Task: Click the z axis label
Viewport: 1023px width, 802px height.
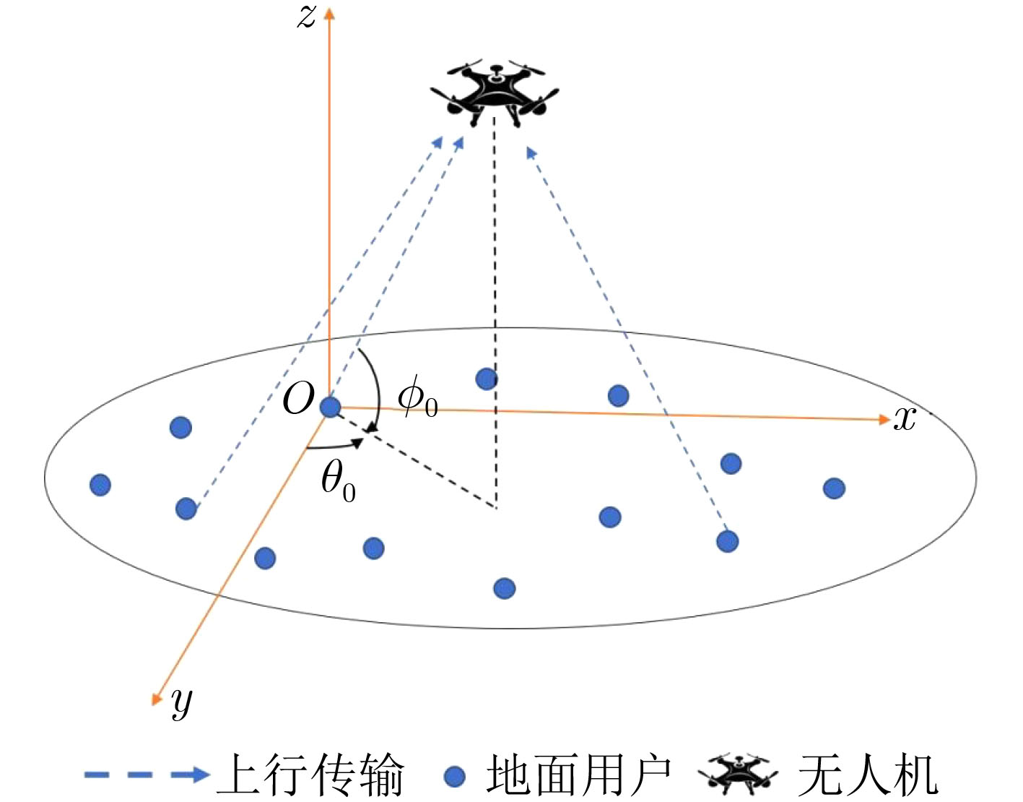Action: point(306,17)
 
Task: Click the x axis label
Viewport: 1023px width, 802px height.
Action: point(905,418)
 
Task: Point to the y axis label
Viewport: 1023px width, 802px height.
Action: point(182,702)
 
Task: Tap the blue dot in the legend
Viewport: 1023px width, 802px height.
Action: point(455,776)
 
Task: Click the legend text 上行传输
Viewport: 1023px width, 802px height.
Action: point(310,775)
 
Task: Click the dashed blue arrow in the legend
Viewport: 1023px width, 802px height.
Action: point(147,775)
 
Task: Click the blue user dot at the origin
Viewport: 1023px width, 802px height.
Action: point(330,407)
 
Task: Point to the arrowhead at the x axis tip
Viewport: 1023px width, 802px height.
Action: point(884,419)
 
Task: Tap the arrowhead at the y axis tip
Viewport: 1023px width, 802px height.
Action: point(156,699)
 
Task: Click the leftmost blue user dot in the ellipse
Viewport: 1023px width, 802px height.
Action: point(100,485)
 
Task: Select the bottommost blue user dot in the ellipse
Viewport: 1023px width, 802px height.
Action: point(505,588)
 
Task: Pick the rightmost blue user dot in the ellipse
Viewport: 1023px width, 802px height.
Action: point(835,488)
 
